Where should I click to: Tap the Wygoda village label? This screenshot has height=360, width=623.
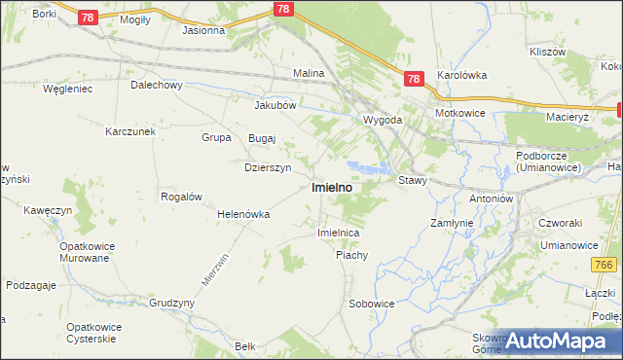coord(383,120)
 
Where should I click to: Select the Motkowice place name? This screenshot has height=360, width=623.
coord(460,113)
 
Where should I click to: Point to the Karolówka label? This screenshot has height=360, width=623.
coord(461,74)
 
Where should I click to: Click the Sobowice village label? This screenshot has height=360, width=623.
coord(372,304)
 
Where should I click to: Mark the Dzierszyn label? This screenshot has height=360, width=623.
coord(267,167)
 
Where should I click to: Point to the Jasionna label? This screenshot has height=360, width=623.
coord(203,30)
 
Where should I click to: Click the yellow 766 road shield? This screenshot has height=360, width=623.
coord(604,265)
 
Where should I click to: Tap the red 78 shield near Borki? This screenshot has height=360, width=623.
coord(88,18)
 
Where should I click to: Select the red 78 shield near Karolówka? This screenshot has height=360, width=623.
coord(414,80)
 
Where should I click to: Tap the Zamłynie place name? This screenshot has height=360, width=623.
coord(452,223)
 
